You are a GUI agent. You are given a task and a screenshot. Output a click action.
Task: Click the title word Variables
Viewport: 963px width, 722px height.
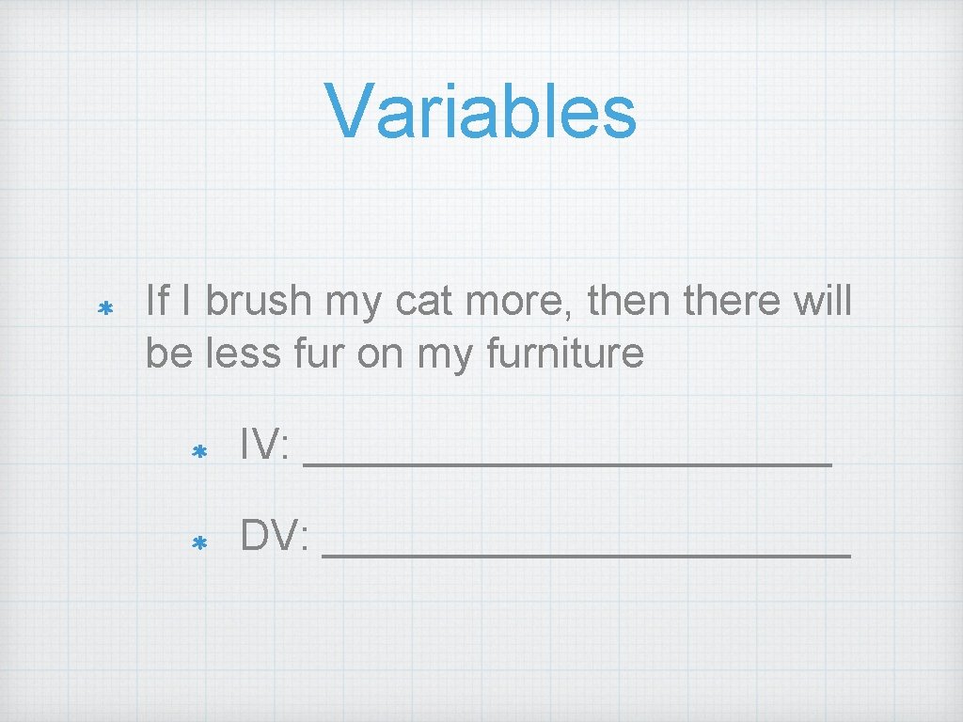click(481, 111)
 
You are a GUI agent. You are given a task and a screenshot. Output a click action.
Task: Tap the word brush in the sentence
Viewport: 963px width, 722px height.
click(258, 302)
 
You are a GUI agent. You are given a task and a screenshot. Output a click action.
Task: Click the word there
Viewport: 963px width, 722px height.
click(742, 302)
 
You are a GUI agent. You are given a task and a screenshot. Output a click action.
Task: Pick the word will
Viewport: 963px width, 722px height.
click(825, 302)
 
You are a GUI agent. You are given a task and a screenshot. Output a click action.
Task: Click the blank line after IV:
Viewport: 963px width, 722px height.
click(568, 462)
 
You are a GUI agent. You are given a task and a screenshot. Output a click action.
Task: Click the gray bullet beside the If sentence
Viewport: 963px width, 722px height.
click(106, 307)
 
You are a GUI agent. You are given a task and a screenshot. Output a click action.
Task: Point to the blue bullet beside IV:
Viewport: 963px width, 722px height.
click(198, 452)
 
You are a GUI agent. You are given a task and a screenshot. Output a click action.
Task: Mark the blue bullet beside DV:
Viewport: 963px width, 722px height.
click(198, 542)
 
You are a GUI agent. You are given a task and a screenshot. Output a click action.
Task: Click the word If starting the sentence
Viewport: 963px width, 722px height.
click(157, 302)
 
